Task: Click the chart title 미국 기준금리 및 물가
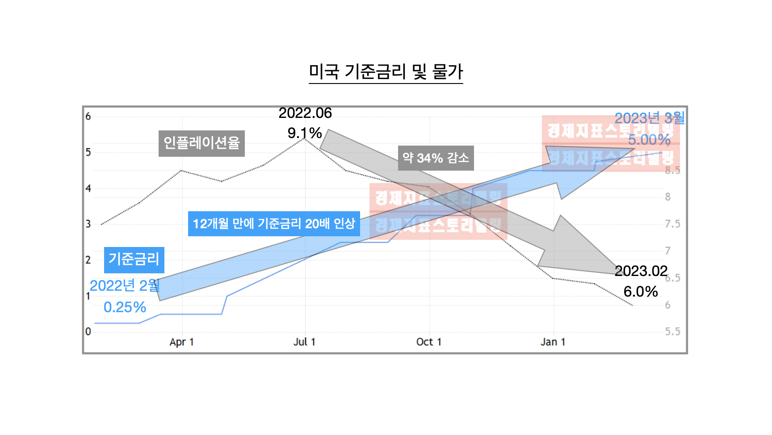pos(386,71)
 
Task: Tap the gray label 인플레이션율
pos(201,143)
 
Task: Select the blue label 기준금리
pos(134,259)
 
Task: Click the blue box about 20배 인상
pos(274,224)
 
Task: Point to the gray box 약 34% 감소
pos(436,158)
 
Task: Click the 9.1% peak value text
pos(305,133)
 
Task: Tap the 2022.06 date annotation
pos(305,113)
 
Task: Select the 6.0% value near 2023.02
pos(640,292)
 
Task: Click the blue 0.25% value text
pos(125,307)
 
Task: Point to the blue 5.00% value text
pos(649,140)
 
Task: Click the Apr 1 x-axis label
pos(181,342)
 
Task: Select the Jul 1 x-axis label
pos(304,342)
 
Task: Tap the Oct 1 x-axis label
pos(429,342)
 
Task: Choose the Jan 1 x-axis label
pos(553,342)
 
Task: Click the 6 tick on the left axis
pos(88,117)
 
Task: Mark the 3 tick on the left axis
pos(88,224)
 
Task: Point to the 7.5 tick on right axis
pos(672,224)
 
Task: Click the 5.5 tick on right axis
pos(672,332)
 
